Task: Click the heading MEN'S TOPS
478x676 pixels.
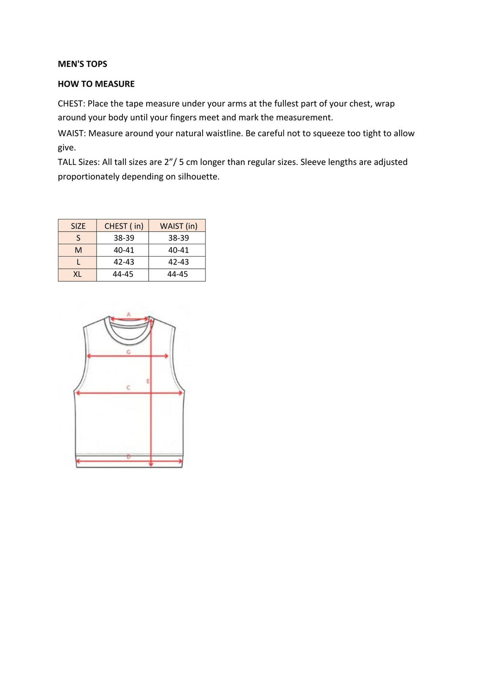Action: [82, 64]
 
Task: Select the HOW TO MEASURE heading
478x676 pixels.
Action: [96, 84]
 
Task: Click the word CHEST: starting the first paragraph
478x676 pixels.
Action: [71, 104]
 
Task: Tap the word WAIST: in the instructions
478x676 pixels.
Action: [72, 133]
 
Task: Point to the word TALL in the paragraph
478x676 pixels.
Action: [67, 162]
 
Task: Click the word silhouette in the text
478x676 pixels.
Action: [197, 176]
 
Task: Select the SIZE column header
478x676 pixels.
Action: [78, 226]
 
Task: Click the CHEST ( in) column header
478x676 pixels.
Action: [124, 226]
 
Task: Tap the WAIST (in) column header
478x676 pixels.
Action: [178, 226]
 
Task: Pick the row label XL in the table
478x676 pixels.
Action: [77, 274]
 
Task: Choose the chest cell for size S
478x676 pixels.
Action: [124, 238]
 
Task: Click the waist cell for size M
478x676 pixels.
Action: [178, 250]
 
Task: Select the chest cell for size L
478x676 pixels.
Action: [124, 262]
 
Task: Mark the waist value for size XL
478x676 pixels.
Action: [177, 274]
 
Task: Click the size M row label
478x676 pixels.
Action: [78, 250]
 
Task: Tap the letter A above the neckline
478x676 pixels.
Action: [129, 315]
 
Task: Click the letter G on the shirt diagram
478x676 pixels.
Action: [128, 352]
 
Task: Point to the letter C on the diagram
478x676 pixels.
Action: [128, 388]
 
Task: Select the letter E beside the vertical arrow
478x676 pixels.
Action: [148, 381]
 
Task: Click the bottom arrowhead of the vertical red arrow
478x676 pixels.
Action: [151, 464]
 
